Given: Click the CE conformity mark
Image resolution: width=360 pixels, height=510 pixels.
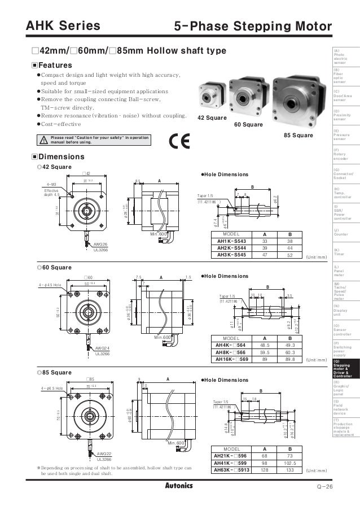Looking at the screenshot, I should [x=175, y=141].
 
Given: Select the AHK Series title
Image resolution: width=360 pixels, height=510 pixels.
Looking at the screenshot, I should [x=60, y=25].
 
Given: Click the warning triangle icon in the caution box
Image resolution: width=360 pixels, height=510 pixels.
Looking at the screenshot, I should [x=42, y=140].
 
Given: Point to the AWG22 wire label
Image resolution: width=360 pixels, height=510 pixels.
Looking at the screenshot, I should [x=104, y=454].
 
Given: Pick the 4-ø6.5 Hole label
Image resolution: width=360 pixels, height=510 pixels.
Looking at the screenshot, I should [x=54, y=389].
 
